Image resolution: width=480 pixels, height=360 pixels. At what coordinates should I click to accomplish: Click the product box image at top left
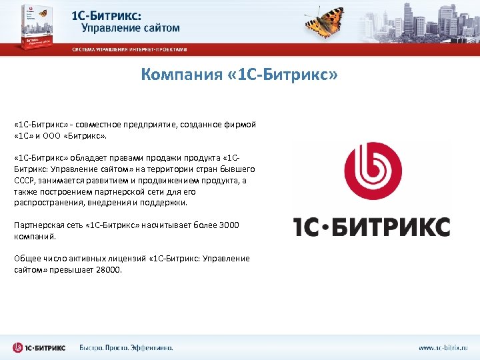coord(37,27)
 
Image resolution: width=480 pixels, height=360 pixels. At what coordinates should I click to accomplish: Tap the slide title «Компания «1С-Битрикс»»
coord(239,75)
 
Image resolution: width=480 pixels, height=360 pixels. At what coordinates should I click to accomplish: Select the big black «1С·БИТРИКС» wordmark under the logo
coord(372,227)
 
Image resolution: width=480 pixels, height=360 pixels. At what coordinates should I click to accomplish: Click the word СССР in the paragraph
coord(25,180)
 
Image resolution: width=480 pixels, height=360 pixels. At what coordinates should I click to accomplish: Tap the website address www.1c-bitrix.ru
coord(443,347)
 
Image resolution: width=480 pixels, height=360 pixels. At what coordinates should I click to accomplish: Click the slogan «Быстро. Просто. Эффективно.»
coord(126,347)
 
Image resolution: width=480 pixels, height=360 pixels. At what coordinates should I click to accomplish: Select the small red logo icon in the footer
coord(19,347)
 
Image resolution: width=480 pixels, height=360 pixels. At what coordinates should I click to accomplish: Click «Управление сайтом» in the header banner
coord(131,28)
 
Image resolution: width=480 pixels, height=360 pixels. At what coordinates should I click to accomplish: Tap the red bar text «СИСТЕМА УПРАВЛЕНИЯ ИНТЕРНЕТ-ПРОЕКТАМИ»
coord(130,49)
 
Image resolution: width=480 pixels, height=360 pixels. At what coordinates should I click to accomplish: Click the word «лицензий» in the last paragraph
coord(127,259)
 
